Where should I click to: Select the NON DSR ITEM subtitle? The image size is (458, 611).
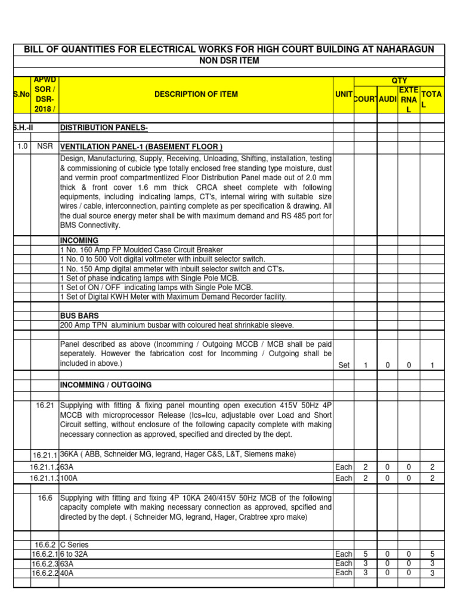click(228, 61)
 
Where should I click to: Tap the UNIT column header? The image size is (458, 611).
click(343, 94)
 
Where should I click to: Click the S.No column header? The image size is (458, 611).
click(22, 94)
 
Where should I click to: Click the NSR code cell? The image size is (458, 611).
click(45, 147)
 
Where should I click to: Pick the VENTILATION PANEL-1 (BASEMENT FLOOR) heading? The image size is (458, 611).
click(141, 147)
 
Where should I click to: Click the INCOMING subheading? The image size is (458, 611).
click(79, 240)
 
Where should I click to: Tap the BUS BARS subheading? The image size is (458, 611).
click(79, 314)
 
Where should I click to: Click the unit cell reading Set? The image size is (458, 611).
click(343, 365)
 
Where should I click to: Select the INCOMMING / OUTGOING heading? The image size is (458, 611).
click(106, 385)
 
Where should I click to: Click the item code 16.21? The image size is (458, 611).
click(45, 406)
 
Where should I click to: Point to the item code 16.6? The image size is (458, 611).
click(45, 498)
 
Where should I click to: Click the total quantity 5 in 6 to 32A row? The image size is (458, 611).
click(432, 554)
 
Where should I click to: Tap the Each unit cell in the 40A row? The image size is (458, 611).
click(343, 573)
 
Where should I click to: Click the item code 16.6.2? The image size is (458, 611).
click(45, 545)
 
